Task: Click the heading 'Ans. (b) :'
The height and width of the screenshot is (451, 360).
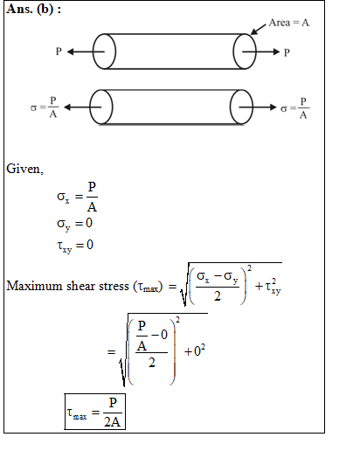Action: coord(34,9)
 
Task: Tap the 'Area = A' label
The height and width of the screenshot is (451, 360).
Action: coord(289,23)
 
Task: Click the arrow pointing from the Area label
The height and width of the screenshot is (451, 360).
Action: coord(259,29)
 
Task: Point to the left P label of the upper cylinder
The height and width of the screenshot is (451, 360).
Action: coord(59,52)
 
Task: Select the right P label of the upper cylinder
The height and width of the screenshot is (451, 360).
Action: coord(287,52)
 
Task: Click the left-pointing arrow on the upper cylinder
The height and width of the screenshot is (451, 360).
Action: coord(86,52)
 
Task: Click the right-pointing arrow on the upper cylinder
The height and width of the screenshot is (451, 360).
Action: coord(260,52)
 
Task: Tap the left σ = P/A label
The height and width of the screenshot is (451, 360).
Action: coord(45,108)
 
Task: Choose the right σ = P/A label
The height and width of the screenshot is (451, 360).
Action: coord(294,108)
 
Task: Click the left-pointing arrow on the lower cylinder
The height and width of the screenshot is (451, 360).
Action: coord(82,108)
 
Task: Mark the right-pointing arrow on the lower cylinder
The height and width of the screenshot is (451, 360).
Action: coord(258,108)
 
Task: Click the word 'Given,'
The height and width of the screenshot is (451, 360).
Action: coord(25,169)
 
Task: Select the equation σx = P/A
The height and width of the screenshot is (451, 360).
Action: coord(77,197)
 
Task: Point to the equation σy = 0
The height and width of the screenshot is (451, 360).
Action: coord(74,224)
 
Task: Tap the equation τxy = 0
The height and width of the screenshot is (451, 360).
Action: coord(75,246)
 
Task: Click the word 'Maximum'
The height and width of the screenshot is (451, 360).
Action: coord(34,286)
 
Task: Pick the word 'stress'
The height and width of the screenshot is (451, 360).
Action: coord(114,287)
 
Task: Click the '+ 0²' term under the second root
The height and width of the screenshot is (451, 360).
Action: coord(195,350)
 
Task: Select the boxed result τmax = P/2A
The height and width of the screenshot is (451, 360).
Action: coord(95,412)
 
